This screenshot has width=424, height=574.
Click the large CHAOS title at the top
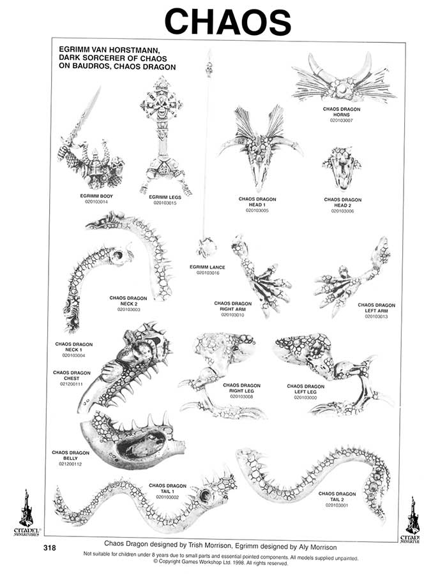[227, 22]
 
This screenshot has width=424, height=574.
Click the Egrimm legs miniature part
[161, 134]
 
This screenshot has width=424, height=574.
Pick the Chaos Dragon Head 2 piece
[342, 166]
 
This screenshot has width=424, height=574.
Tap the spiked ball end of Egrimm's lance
[207, 247]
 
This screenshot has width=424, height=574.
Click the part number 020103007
[342, 120]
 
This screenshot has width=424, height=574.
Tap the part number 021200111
[71, 384]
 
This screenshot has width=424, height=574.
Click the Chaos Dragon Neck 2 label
[128, 301]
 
